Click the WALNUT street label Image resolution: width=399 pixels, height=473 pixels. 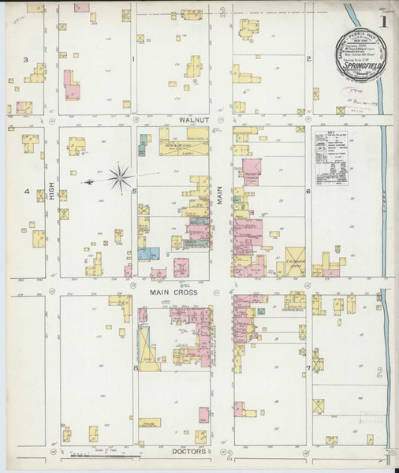pos(192,119)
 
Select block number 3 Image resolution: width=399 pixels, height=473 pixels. pos(26,60)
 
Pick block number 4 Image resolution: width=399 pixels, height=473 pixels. pos(26,192)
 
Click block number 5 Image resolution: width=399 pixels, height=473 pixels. pos(135,192)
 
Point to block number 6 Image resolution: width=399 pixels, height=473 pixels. pos(308,192)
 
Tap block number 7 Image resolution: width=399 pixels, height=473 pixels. pos(308,367)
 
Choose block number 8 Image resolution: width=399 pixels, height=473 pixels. pos(135,367)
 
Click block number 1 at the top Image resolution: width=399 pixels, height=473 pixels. pos(134,60)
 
